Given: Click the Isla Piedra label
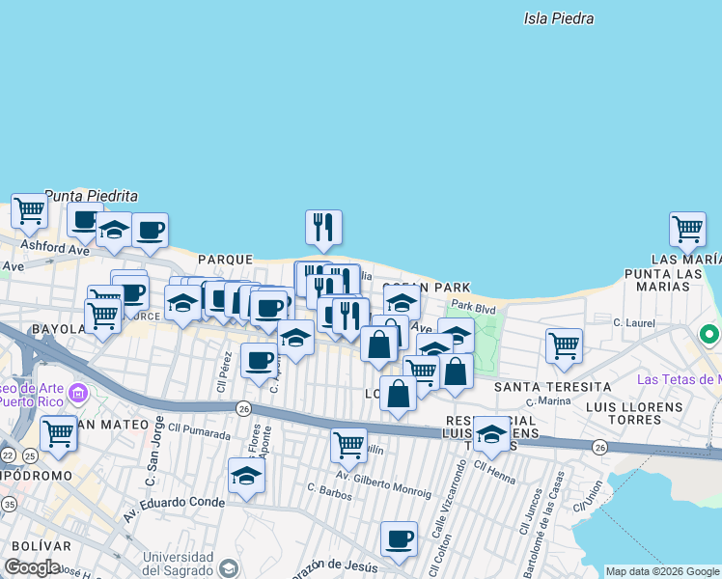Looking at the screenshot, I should (x=558, y=18).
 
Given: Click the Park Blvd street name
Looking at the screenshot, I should (x=473, y=307).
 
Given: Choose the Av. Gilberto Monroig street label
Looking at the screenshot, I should (x=383, y=485).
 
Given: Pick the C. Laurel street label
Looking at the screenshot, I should (x=640, y=322).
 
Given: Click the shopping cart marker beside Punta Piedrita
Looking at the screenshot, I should (x=30, y=209).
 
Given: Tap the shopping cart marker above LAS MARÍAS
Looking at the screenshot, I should (x=687, y=229).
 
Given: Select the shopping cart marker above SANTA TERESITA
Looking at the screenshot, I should (x=564, y=345).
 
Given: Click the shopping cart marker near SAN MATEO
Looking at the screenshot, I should (x=58, y=432).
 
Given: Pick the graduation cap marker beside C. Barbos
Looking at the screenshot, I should (x=246, y=475).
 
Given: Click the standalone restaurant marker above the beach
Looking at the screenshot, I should (x=323, y=227).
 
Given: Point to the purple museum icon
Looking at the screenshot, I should (x=79, y=394).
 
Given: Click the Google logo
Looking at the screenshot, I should (x=32, y=567).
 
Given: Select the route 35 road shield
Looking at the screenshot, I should (x=9, y=503).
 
